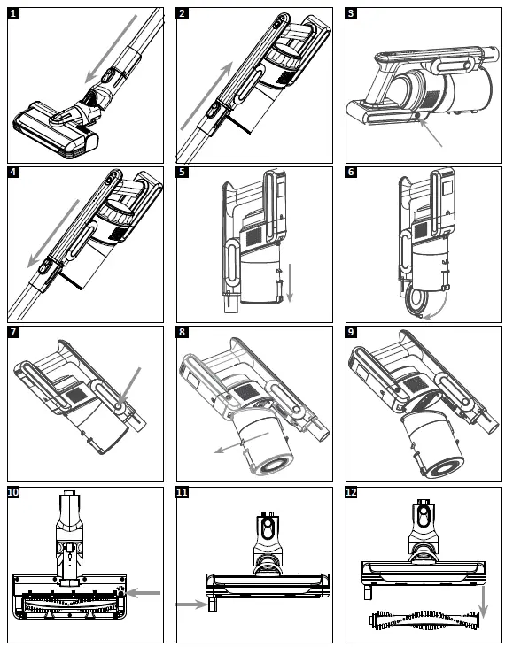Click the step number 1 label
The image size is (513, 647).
(13, 13)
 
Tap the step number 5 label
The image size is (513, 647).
(183, 172)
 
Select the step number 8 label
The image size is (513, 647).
(183, 332)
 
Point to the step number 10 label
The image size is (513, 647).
(13, 492)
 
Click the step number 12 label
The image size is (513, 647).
(352, 492)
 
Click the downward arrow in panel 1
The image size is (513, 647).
(111, 49)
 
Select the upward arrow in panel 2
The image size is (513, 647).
(207, 96)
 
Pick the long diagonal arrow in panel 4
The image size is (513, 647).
(53, 234)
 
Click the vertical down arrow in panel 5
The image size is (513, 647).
(290, 283)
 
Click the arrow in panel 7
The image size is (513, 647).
(130, 386)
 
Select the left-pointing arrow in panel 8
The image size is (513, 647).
(242, 443)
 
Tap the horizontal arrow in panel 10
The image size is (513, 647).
(143, 593)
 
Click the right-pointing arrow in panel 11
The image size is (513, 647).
(192, 605)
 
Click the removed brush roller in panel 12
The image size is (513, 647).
(424, 620)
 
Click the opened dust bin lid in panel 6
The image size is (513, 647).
(417, 303)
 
